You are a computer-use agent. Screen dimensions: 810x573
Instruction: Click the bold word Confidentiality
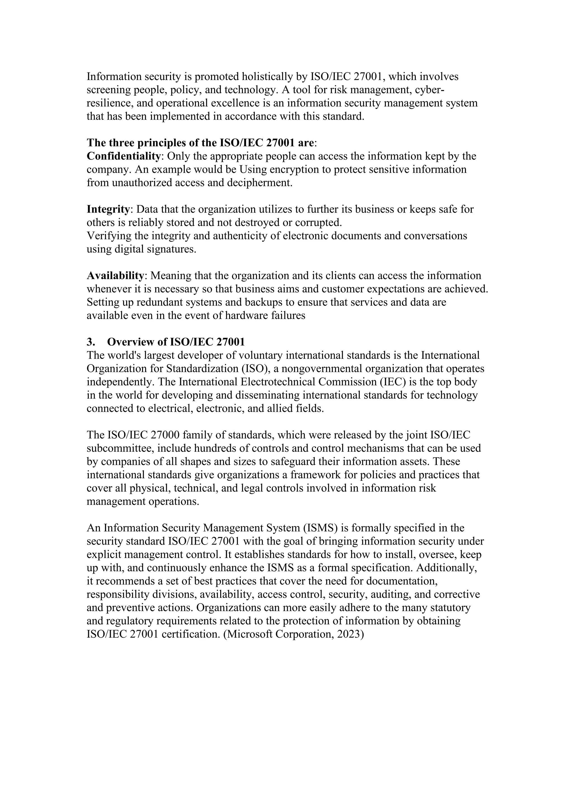click(x=123, y=156)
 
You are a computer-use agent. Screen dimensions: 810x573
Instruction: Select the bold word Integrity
click(x=108, y=209)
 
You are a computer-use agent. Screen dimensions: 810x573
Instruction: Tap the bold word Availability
click(x=115, y=276)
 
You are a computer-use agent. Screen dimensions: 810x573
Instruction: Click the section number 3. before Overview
click(x=91, y=342)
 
